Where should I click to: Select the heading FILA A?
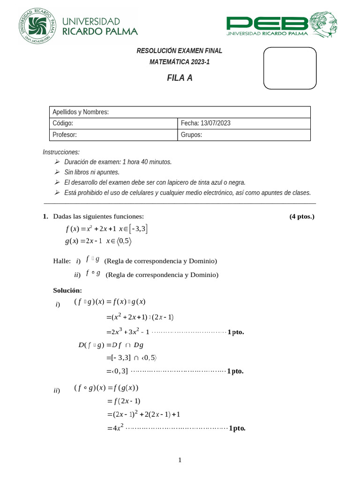pyautogui.click(x=180, y=78)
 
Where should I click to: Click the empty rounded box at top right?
pyautogui.click(x=290, y=68)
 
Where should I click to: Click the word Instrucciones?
pyautogui.click(x=61, y=152)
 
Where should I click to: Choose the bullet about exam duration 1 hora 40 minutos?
pyautogui.click(x=118, y=162)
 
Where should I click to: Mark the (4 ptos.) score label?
pyautogui.click(x=302, y=216)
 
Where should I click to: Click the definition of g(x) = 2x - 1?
pyautogui.click(x=98, y=241)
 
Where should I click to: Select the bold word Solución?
pyautogui.click(x=68, y=290)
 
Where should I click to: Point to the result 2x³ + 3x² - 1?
pyautogui.click(x=127, y=331)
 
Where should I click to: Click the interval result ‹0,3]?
pyautogui.click(x=117, y=371)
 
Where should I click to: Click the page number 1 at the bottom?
pyautogui.click(x=180, y=460)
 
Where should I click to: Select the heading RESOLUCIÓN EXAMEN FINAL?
pyautogui.click(x=179, y=51)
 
